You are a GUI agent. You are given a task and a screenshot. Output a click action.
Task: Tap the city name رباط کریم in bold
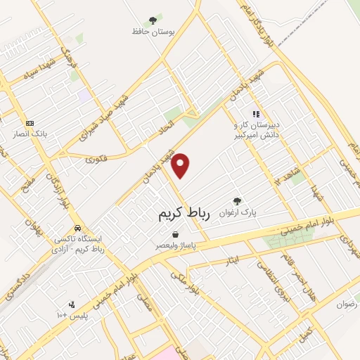181,214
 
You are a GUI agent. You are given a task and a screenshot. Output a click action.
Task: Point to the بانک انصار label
30,133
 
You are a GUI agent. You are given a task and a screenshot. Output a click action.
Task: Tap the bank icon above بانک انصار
29,122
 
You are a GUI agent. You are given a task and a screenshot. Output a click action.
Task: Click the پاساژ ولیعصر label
176,247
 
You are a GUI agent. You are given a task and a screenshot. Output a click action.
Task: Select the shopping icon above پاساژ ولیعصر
175,236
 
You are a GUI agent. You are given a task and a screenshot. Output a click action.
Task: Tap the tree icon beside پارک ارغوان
236,201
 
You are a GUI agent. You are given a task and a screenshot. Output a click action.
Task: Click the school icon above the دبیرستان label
256,113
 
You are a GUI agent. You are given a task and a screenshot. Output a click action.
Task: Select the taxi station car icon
78,228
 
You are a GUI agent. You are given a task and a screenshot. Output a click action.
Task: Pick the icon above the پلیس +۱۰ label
72,304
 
